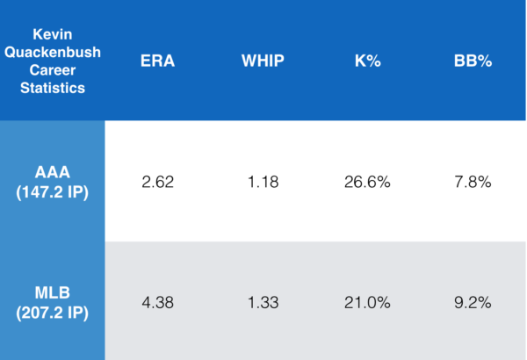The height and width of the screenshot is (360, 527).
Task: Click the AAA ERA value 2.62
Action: (158, 183)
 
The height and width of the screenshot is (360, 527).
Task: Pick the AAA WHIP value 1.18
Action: (263, 183)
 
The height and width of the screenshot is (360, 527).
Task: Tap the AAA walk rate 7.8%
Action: (473, 183)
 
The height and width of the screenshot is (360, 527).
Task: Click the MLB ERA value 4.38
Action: (158, 303)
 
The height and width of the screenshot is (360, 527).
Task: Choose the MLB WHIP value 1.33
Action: (263, 303)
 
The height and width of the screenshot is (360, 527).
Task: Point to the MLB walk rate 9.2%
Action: (473, 303)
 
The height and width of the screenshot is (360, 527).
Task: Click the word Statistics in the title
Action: (53, 88)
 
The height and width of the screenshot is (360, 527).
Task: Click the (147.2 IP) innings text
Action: (53, 191)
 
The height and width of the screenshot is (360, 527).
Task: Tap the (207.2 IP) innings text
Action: (53, 312)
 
